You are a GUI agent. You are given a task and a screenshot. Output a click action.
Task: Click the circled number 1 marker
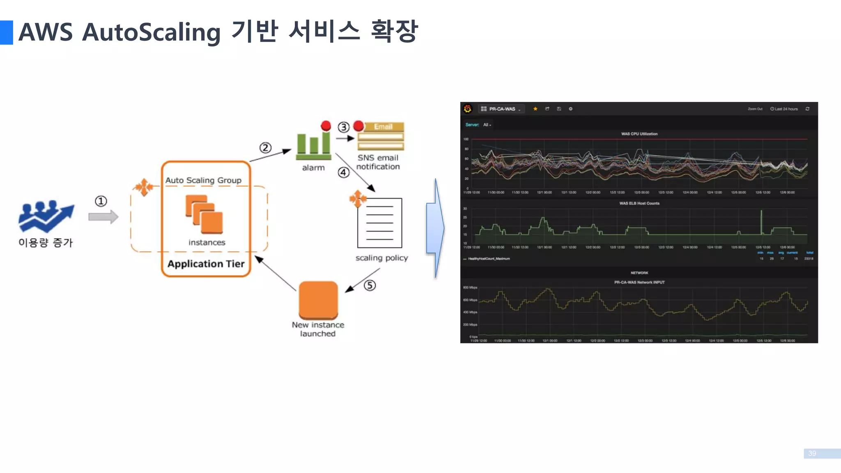click(x=101, y=201)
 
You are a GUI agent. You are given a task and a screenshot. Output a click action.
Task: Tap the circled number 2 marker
click(x=265, y=148)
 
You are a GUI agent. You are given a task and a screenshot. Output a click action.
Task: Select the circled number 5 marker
click(x=370, y=285)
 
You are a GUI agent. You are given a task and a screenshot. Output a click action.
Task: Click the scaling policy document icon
click(x=379, y=223)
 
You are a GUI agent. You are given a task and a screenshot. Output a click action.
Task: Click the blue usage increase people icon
click(x=46, y=216)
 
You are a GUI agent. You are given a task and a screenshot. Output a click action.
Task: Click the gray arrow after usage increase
click(x=103, y=217)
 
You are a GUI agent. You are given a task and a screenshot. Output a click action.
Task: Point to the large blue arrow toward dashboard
click(x=435, y=228)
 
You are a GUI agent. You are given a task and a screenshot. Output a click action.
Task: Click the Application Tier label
click(x=206, y=264)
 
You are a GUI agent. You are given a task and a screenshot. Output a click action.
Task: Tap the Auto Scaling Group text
click(x=203, y=180)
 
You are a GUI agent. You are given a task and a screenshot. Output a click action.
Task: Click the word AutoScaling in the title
click(x=151, y=32)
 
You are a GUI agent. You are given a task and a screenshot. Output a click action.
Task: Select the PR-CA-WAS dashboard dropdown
click(x=502, y=109)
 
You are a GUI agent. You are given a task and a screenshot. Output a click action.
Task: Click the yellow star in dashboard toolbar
click(x=535, y=109)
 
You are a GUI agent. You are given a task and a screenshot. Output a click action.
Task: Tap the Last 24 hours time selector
click(x=784, y=109)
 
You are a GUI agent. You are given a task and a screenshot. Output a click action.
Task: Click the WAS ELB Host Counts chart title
click(x=639, y=203)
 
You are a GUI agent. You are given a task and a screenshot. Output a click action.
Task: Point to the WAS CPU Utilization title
click(x=639, y=134)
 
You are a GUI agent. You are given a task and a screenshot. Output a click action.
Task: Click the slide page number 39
click(x=812, y=453)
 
